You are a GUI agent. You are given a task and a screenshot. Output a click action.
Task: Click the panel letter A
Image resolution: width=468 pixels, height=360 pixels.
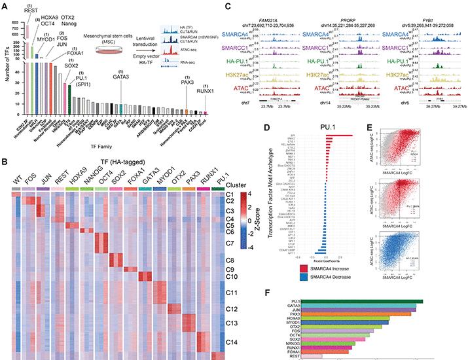click(x=5, y=5)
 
